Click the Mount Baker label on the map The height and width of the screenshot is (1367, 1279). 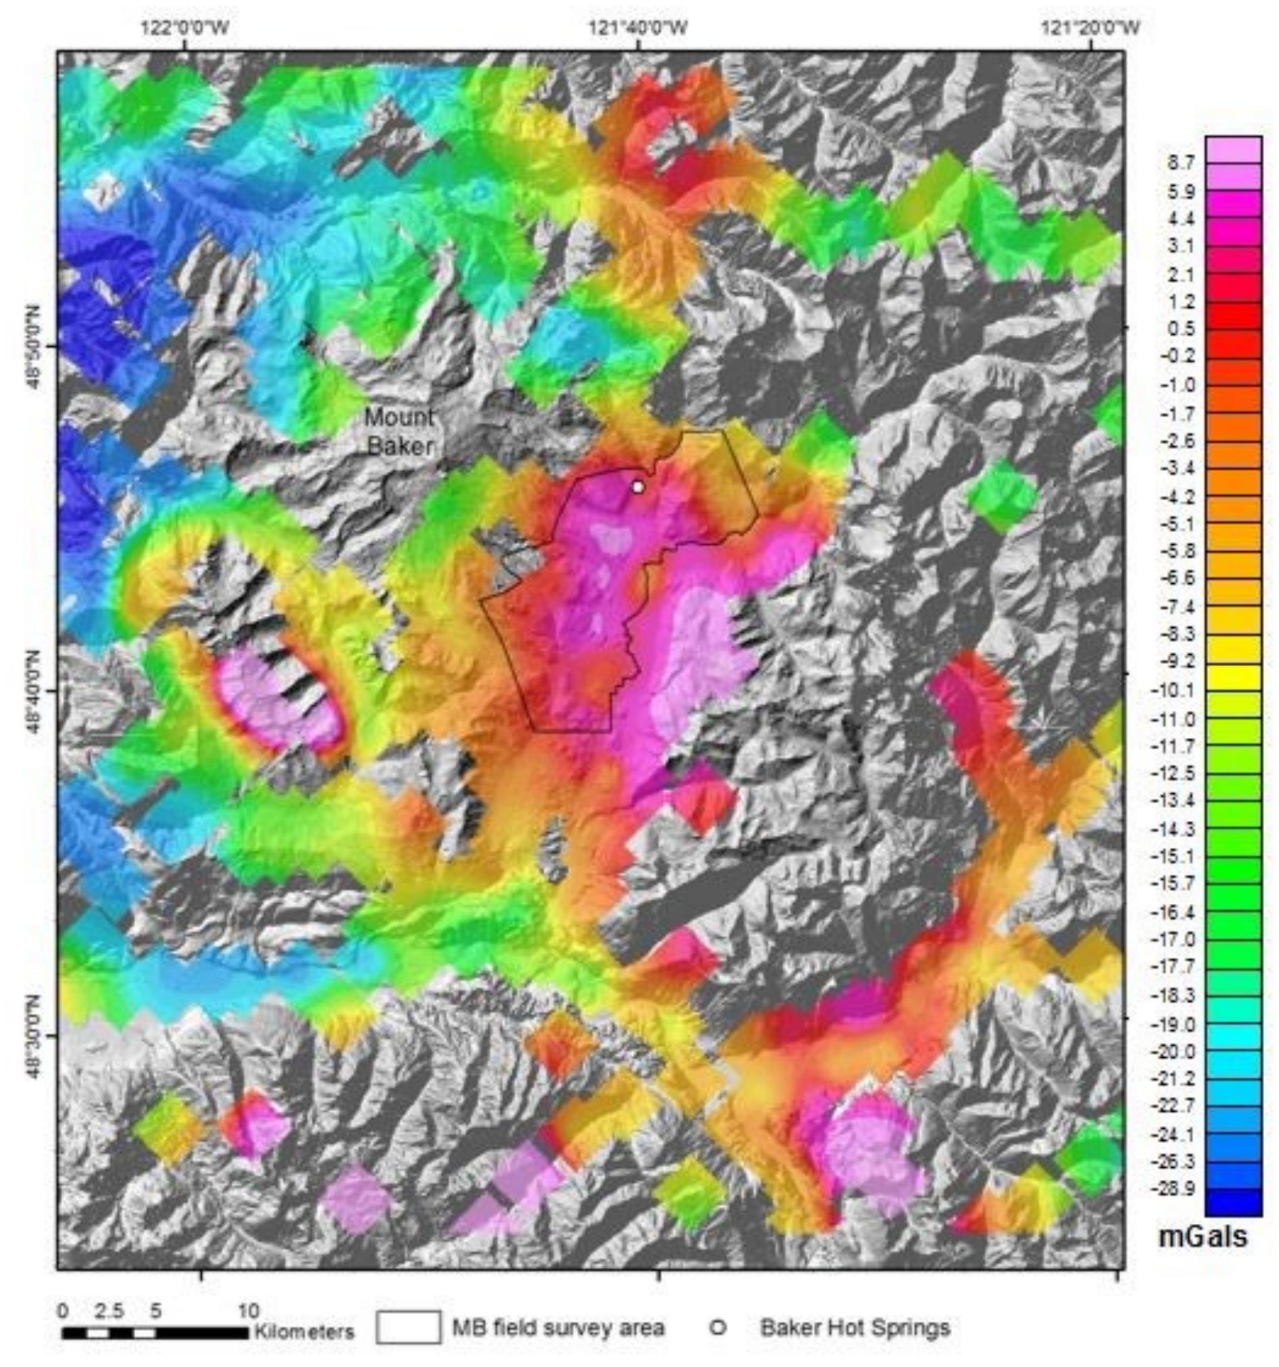(399, 431)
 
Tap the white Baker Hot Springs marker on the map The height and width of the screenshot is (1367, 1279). (637, 487)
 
